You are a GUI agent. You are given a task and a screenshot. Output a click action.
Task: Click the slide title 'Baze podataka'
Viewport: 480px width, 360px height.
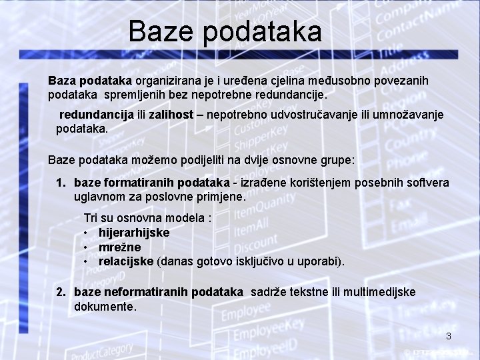225,31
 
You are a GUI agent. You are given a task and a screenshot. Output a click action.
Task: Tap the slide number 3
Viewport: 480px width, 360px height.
449,335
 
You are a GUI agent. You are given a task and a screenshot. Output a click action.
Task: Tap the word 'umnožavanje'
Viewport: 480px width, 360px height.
409,115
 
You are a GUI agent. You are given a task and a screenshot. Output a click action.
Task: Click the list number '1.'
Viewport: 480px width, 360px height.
61,183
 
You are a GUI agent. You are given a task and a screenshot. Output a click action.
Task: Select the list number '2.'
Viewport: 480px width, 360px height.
61,292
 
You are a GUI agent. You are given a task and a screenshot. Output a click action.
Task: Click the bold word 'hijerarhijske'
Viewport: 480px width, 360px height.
134,233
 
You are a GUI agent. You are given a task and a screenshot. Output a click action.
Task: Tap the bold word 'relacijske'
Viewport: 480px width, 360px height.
126,261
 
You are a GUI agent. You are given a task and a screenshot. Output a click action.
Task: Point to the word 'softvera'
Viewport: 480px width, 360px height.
427,183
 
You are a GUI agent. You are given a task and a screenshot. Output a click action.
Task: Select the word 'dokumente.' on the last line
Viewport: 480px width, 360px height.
105,307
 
